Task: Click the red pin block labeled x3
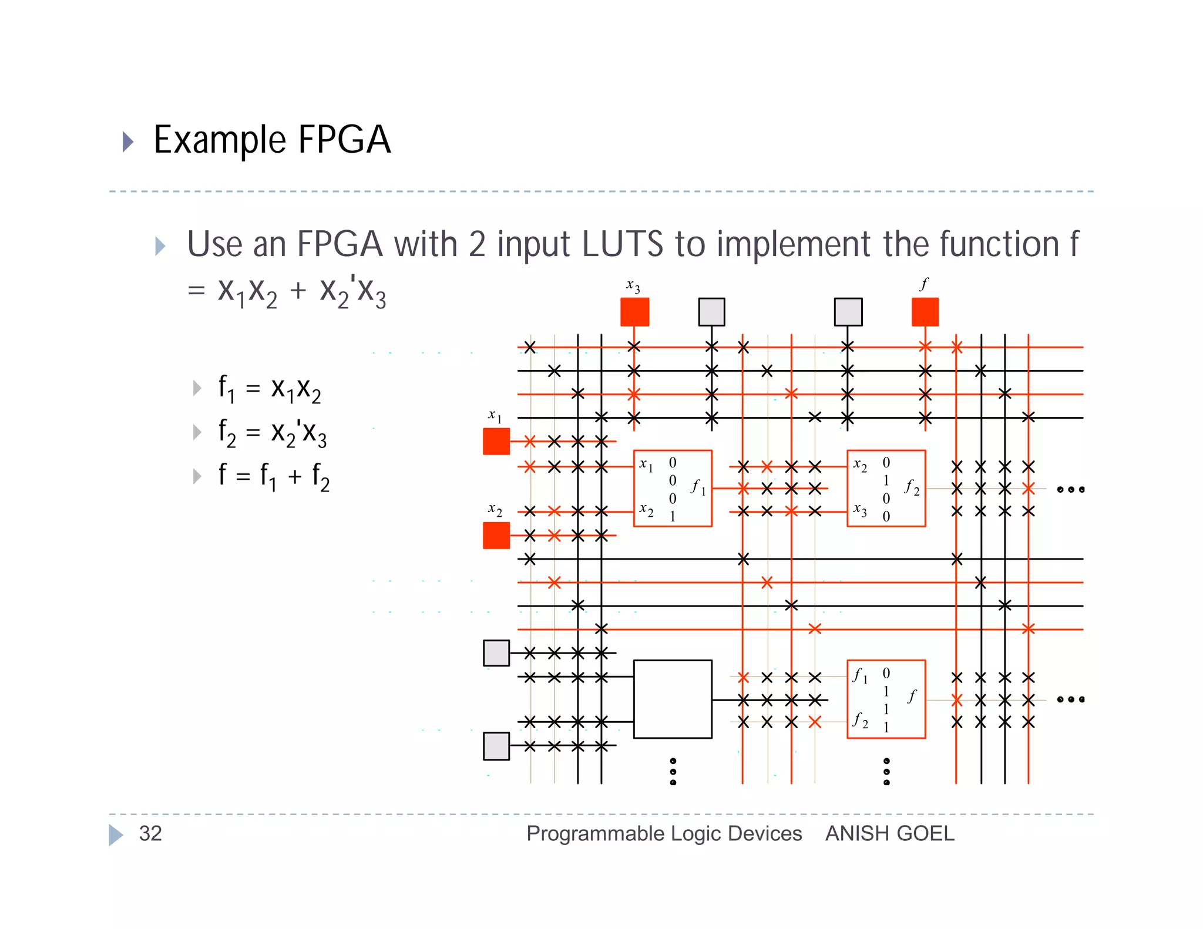coord(634,312)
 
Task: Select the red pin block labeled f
coord(925,312)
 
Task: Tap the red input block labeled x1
coord(496,441)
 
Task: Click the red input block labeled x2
coord(496,536)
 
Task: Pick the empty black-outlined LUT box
coord(673,699)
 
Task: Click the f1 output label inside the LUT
coord(698,487)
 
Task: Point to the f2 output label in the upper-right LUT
coord(912,487)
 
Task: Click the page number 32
coord(150,833)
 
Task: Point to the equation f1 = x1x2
coord(270,388)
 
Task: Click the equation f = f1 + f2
coord(274,476)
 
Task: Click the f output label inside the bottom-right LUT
coord(912,696)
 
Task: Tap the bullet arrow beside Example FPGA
coord(127,142)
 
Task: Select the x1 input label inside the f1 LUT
coord(646,465)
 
